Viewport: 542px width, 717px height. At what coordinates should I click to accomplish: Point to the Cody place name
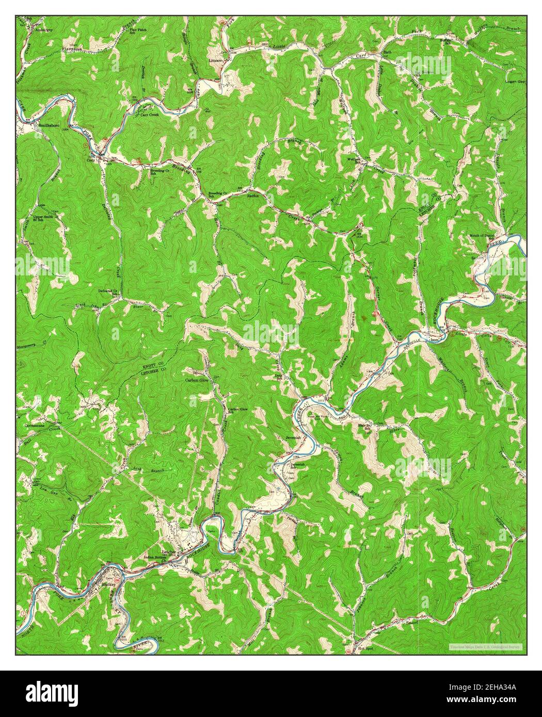pyautogui.click(x=91, y=160)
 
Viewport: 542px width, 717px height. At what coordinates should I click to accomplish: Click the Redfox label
pyautogui.click(x=252, y=196)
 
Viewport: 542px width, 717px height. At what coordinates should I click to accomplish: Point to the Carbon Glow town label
pyautogui.click(x=197, y=380)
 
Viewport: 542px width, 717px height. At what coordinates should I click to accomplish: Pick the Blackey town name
pyautogui.click(x=107, y=584)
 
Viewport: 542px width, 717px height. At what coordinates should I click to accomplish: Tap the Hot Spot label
pyautogui.click(x=365, y=646)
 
